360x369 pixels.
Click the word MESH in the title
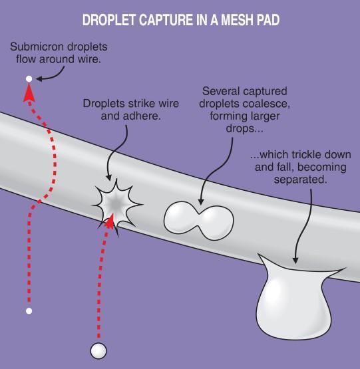coord(238,20)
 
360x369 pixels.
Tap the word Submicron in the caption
coord(37,47)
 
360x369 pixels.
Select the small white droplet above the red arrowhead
coord(29,79)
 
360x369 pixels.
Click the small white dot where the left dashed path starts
coord(29,311)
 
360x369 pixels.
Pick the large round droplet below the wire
coord(98,350)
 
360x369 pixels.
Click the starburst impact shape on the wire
coord(116,205)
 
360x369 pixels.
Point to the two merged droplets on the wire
coord(199,220)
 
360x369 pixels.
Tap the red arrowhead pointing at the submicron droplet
coord(29,94)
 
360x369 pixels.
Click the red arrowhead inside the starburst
coord(110,221)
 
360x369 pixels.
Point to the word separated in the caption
coord(300,180)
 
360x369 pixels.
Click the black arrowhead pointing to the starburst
coord(108,177)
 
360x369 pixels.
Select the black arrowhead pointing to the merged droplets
coord(201,201)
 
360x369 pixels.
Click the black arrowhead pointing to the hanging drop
coord(295,260)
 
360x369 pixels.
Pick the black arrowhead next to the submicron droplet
coord(39,78)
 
